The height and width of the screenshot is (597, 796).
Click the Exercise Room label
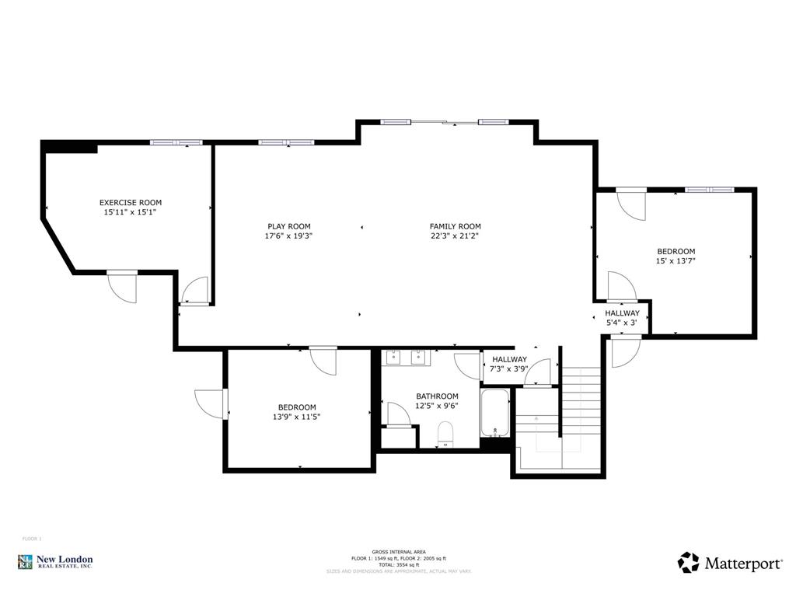[131, 202]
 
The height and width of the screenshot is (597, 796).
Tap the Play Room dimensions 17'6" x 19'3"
[288, 236]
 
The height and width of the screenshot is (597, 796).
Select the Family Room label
[456, 226]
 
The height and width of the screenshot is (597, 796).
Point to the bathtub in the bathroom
[495, 413]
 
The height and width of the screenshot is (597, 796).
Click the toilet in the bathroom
[445, 433]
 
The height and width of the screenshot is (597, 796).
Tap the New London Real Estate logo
[56, 562]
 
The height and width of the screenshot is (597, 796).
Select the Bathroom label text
[437, 396]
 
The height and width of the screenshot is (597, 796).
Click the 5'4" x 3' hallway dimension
[622, 322]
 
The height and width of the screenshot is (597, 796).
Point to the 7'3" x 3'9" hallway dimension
[510, 368]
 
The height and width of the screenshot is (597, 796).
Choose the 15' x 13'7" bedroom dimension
[676, 261]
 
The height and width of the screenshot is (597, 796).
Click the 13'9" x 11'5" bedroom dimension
[297, 417]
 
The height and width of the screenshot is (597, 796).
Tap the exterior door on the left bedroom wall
[211, 403]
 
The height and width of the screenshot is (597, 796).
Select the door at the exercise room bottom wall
[122, 285]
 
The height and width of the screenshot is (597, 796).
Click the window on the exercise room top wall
[176, 142]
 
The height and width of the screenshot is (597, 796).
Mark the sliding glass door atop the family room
[445, 121]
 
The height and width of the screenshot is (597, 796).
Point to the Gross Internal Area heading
[398, 551]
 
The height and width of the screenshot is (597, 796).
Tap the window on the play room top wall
[286, 142]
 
